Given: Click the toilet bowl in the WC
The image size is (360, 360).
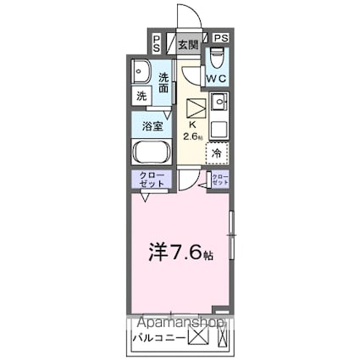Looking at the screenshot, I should [x=217, y=58].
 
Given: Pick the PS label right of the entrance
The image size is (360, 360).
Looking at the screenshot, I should [x=220, y=38].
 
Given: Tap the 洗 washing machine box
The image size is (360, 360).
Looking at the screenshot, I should [x=141, y=96].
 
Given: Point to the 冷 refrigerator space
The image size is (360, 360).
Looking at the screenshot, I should [x=217, y=153].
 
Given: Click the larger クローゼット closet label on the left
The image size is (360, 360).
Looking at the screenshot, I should [x=151, y=180].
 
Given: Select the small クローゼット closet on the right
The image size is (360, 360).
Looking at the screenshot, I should [x=219, y=179].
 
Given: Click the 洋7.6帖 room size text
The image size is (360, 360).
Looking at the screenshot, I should [x=169, y=252].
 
